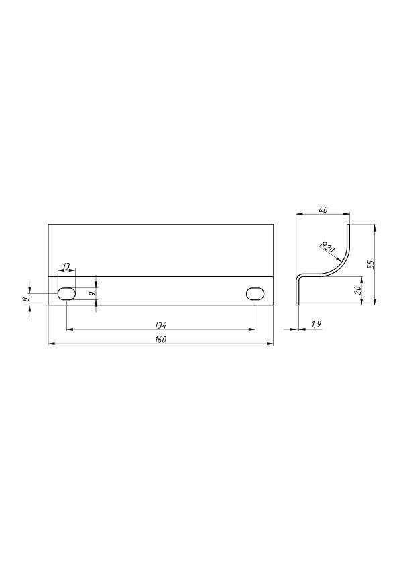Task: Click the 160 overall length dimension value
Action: tap(161, 340)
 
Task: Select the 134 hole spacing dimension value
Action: tap(161, 325)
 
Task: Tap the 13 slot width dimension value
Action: tap(66, 266)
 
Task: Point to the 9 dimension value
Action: tap(93, 294)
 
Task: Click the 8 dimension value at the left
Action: tap(25, 299)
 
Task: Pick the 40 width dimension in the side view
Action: tap(323, 210)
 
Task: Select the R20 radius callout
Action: tap(327, 247)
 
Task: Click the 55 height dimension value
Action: tap(372, 264)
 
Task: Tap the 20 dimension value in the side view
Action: tap(358, 291)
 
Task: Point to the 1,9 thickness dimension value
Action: tap(316, 325)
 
